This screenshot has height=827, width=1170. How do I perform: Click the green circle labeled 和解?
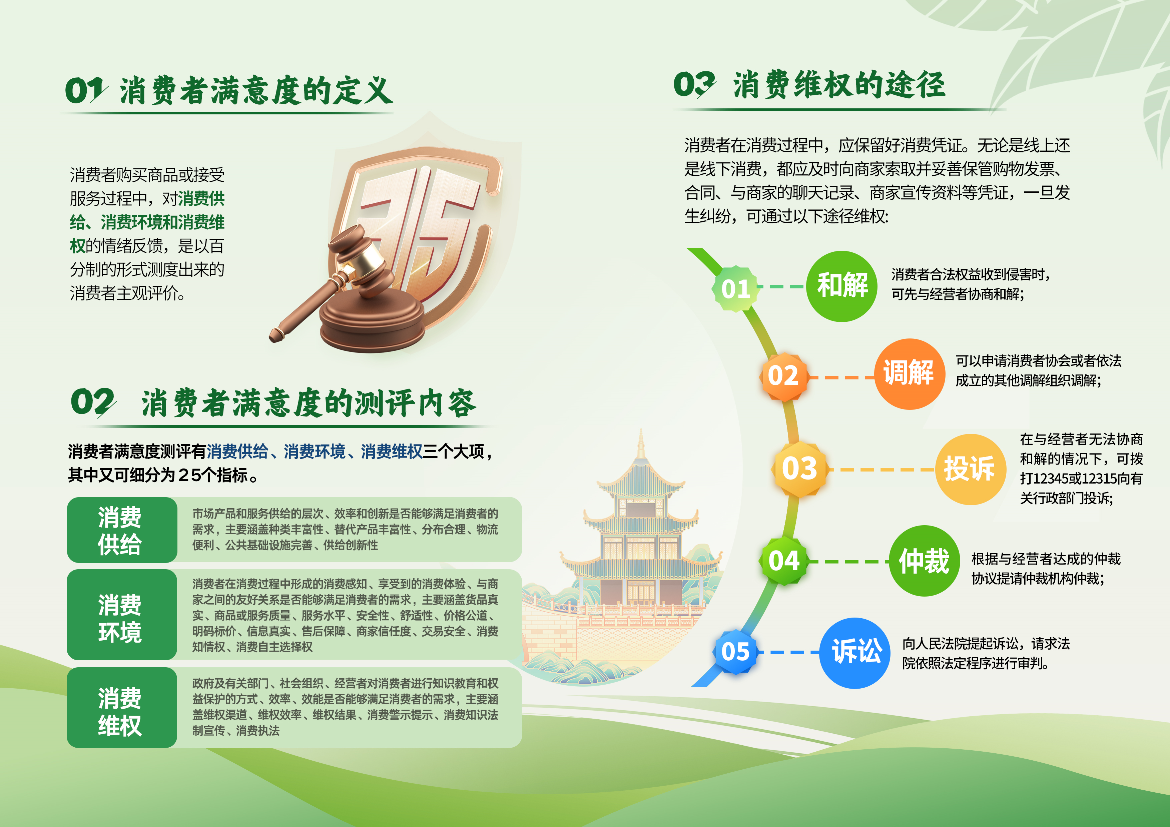[x=842, y=286]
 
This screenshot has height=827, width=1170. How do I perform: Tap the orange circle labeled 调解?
[x=910, y=374]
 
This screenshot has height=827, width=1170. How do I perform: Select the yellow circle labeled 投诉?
[x=971, y=469]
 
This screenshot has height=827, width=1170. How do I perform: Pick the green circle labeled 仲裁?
[x=925, y=561]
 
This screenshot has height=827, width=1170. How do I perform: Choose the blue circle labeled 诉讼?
[x=854, y=653]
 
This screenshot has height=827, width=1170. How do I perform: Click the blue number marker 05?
[x=735, y=652]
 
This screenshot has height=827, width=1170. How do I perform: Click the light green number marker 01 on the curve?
[x=736, y=289]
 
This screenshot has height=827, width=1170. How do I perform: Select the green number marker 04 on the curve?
[x=784, y=561]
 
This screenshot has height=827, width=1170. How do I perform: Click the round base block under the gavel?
[x=372, y=319]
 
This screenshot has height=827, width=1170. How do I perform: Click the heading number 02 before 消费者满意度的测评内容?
[x=93, y=402]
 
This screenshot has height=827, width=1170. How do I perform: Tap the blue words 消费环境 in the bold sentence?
[x=315, y=452]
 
